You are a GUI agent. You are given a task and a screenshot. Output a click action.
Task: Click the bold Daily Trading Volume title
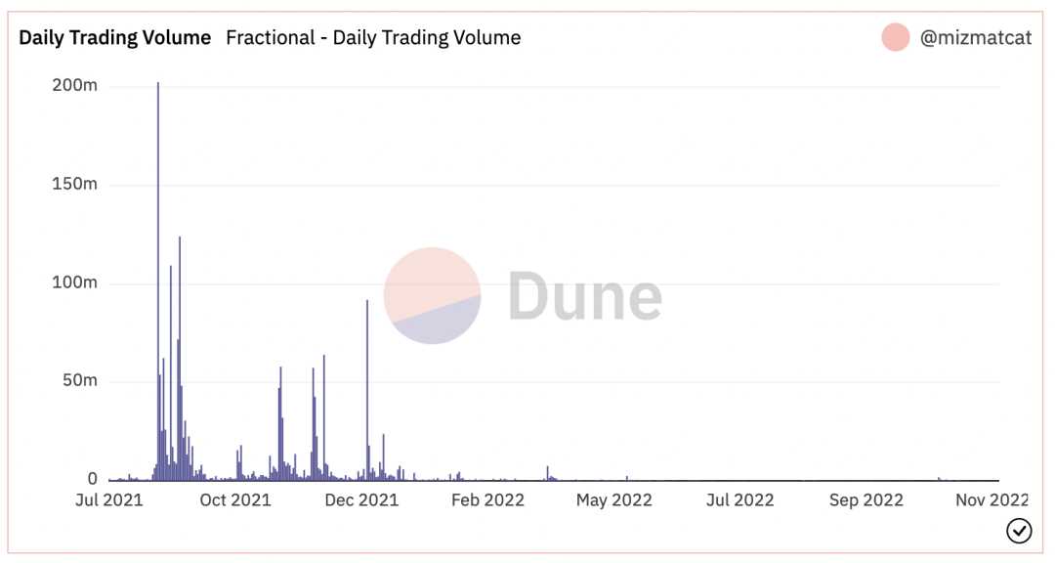coord(114,38)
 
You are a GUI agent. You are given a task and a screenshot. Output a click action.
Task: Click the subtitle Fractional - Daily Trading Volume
coord(373,38)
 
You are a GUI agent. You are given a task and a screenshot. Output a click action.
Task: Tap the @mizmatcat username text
coord(975,38)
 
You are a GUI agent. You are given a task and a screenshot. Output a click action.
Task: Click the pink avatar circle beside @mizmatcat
coord(895,38)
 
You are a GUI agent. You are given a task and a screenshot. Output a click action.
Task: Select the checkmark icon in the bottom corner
coord(1019,531)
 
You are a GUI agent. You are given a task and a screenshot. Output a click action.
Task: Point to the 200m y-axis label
coord(74,86)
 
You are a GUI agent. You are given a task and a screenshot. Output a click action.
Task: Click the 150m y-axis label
coord(74,185)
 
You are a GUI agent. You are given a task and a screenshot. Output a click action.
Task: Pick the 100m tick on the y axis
coord(74,283)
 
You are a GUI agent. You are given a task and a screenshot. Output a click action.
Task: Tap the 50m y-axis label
coord(79,381)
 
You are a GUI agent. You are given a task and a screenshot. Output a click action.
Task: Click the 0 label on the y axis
coord(93,479)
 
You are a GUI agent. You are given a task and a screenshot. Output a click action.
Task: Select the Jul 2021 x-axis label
coord(108,500)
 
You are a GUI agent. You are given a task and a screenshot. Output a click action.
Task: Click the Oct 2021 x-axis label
coord(235,500)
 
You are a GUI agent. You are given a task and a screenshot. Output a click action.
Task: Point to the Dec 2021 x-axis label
coord(361,500)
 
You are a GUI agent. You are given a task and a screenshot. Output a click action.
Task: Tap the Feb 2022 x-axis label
coord(487,500)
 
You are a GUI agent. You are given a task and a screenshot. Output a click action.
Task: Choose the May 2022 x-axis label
coord(614,500)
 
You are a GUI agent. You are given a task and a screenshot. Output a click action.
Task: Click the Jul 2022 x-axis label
coord(739,500)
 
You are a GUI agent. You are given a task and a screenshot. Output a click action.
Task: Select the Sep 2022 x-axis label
coord(866,500)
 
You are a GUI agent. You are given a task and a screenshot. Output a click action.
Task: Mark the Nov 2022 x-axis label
coord(992,500)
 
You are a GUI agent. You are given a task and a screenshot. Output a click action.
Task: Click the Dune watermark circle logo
coord(432,295)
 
